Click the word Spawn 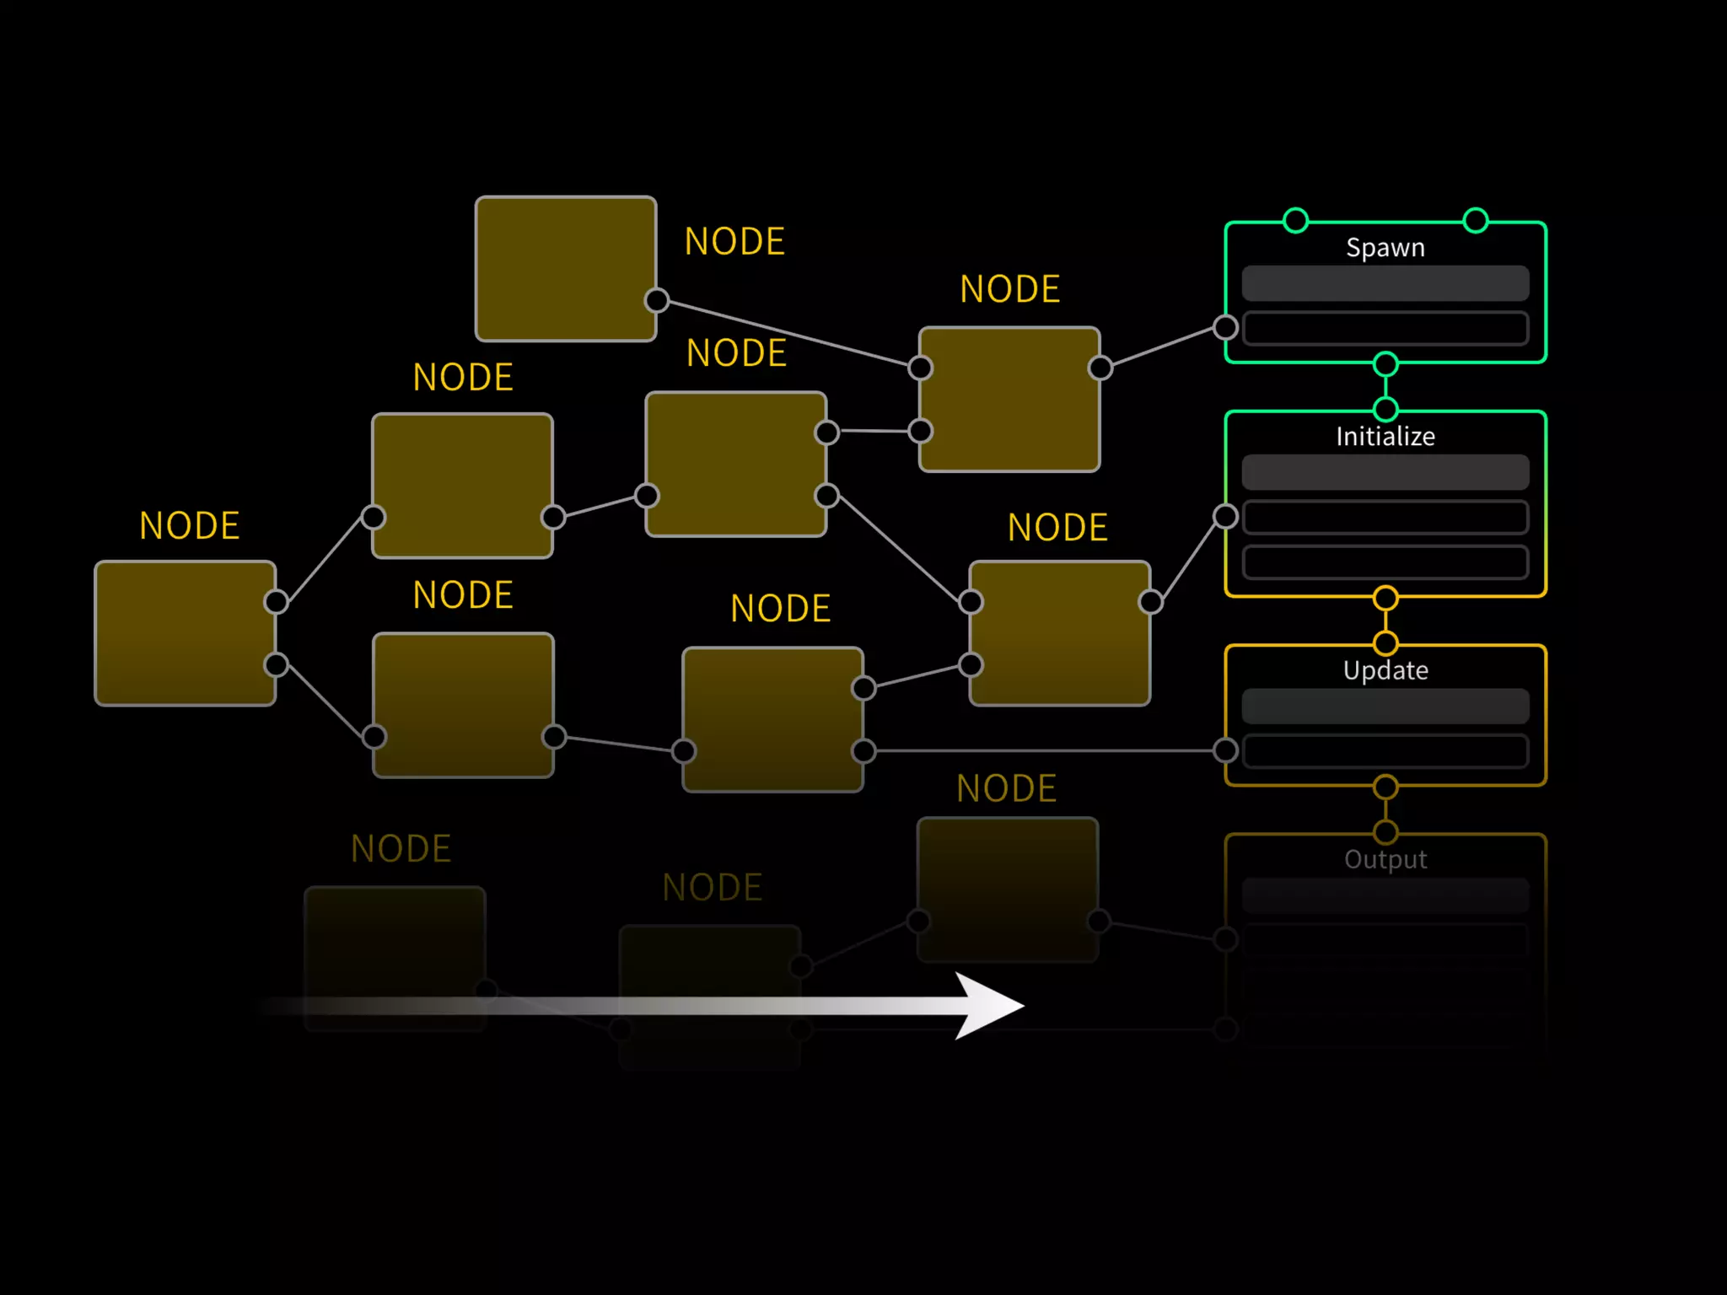(1385, 248)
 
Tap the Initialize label (1385, 437)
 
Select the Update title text (1385, 671)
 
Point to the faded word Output (1385, 860)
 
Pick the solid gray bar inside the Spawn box (1385, 283)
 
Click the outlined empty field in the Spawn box (1385, 328)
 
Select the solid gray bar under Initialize (1385, 472)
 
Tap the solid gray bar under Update (1385, 707)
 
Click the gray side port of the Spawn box (1225, 327)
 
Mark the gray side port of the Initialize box (1225, 516)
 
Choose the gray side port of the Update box (1225, 750)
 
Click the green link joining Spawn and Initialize (1385, 387)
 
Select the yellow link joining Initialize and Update (1385, 621)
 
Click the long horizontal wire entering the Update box (1046, 750)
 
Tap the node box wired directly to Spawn (1009, 400)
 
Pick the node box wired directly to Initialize (1060, 633)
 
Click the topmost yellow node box (566, 269)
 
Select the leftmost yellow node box (186, 633)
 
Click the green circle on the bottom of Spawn (1385, 364)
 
